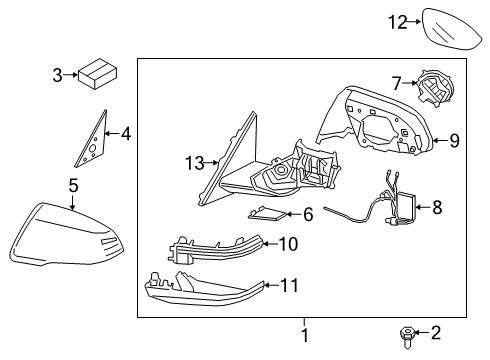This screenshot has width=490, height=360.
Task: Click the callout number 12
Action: tap(399, 22)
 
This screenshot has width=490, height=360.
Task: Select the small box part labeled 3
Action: tap(97, 73)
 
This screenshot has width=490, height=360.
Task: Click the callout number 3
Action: tap(57, 74)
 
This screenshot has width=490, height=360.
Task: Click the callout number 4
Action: tap(125, 132)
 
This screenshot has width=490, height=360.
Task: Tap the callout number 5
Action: tap(72, 184)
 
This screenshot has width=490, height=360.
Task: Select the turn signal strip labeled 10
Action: tap(215, 247)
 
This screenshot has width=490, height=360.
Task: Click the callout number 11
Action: tap(290, 285)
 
